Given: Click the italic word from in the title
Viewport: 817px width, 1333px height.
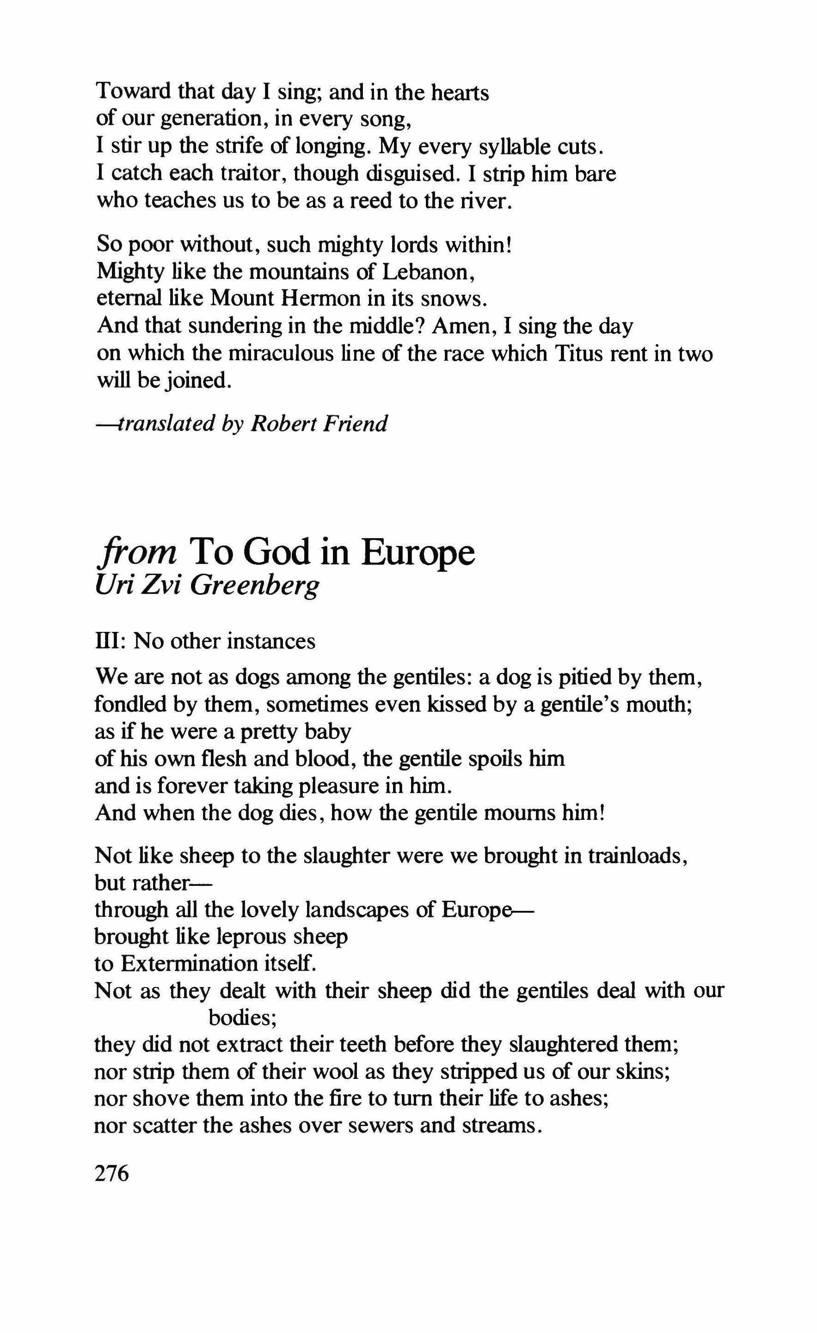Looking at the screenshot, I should coord(136,552).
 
